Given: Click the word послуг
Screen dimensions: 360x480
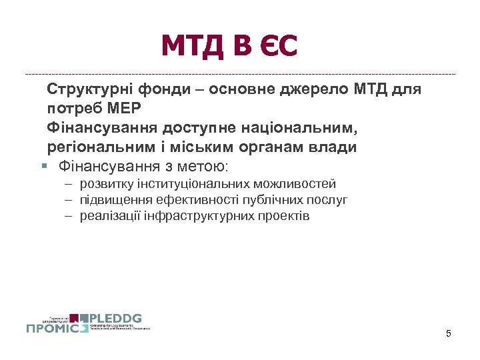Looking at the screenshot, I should click(x=330, y=200).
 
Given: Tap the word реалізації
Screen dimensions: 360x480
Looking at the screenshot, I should click(x=111, y=216).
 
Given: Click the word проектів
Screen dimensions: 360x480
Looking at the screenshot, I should click(x=284, y=216).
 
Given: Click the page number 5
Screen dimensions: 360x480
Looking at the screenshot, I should click(x=449, y=333).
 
